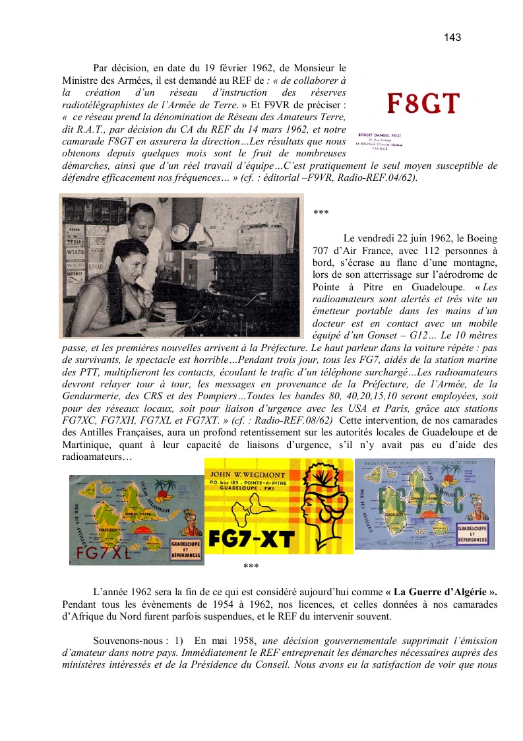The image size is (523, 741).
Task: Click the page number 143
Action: point(452,38)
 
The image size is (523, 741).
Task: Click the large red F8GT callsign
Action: point(422,104)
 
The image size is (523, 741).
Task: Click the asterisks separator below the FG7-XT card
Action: point(251,566)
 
